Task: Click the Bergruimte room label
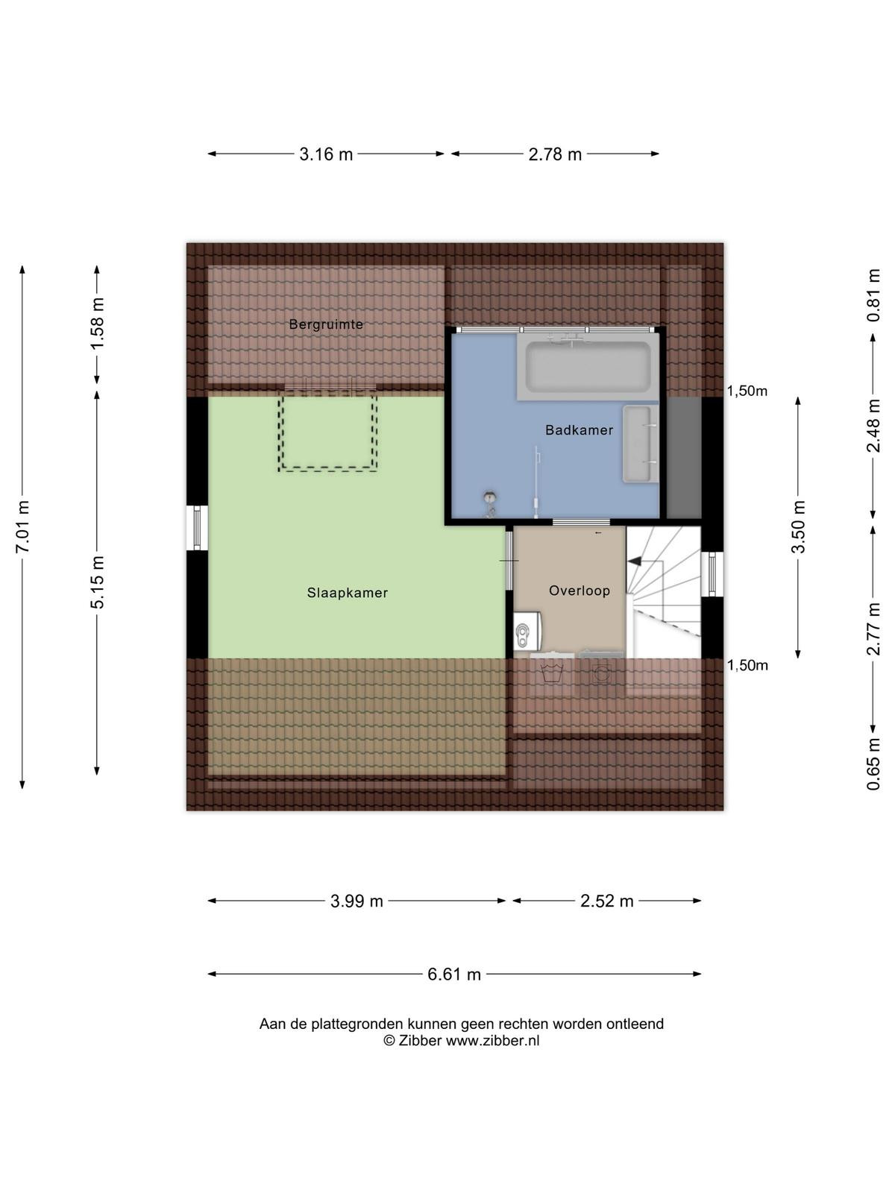tap(325, 324)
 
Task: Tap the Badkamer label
tap(579, 430)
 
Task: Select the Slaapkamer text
tap(348, 593)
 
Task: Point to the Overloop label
tap(580, 591)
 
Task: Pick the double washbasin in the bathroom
tap(641, 444)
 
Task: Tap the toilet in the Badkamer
tap(491, 503)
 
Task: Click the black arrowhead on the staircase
tap(635, 561)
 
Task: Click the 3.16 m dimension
tap(325, 154)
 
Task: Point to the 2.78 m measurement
tap(555, 154)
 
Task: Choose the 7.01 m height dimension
tap(23, 526)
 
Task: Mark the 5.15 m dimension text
tap(97, 581)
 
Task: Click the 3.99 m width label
tap(357, 901)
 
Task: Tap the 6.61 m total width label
tap(453, 974)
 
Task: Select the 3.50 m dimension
tap(798, 526)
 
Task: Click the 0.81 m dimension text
tap(873, 295)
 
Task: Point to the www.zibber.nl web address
tap(492, 1040)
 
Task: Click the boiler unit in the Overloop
tap(527, 631)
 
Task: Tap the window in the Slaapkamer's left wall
tap(197, 527)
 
